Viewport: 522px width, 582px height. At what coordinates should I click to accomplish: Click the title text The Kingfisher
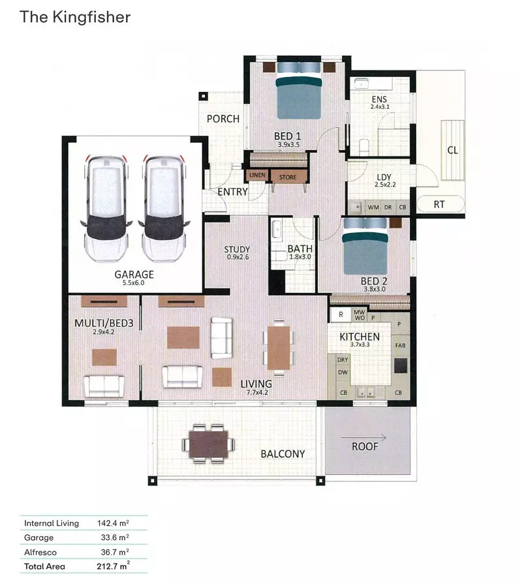(x=75, y=16)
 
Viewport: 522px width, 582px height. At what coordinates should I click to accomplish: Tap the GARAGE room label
(x=134, y=274)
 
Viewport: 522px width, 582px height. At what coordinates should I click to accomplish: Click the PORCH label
(x=223, y=119)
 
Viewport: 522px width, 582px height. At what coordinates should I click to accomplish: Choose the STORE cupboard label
(x=288, y=177)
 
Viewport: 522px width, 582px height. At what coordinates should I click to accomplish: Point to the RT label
(x=439, y=204)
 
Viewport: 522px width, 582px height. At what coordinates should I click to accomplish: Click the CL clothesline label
(x=452, y=150)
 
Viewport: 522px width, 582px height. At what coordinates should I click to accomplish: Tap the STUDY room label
(x=237, y=249)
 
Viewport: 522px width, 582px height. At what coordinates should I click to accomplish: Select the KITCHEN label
(x=359, y=337)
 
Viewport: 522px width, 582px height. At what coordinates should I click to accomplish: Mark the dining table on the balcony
(x=209, y=442)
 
